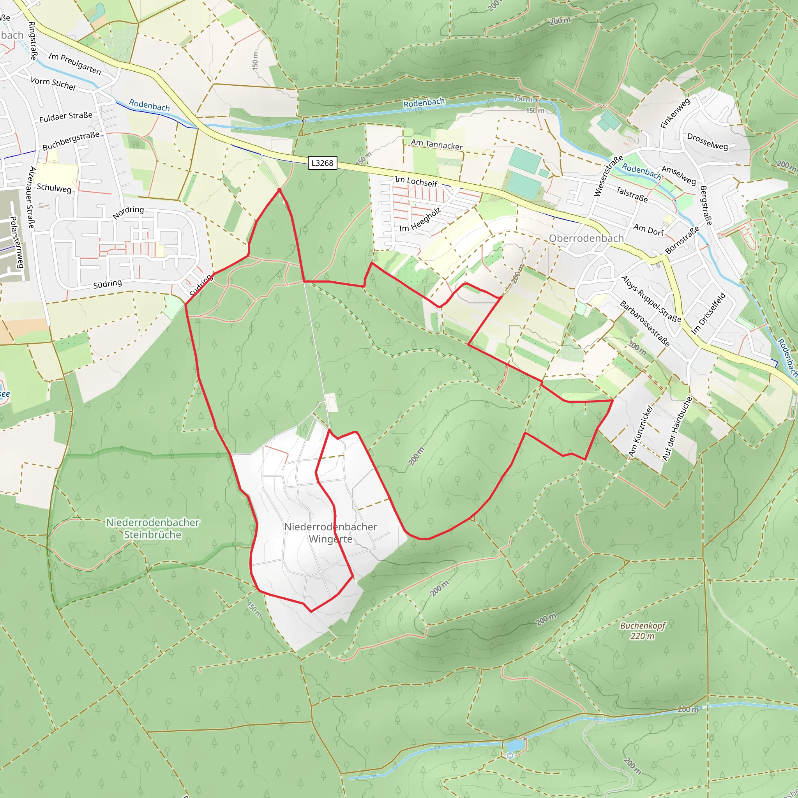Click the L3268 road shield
pyautogui.click(x=322, y=163)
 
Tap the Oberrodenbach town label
pyautogui.click(x=586, y=238)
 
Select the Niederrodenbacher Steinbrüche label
pyautogui.click(x=152, y=528)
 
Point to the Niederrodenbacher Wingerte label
pyautogui.click(x=330, y=533)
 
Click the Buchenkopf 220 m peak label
pyautogui.click(x=642, y=631)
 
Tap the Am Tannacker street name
pyautogui.click(x=436, y=145)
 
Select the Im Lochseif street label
pyautogui.click(x=415, y=181)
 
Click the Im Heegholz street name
pyautogui.click(x=420, y=219)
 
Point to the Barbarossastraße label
pyautogui.click(x=644, y=323)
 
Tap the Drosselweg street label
pyautogui.click(x=707, y=141)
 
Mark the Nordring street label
pyautogui.click(x=128, y=212)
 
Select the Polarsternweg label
pyautogui.click(x=16, y=242)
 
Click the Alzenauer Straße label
pyautogui.click(x=32, y=198)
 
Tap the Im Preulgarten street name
pyautogui.click(x=74, y=64)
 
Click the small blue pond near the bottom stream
pyautogui.click(x=514, y=745)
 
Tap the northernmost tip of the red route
pyautogui.click(x=280, y=190)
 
